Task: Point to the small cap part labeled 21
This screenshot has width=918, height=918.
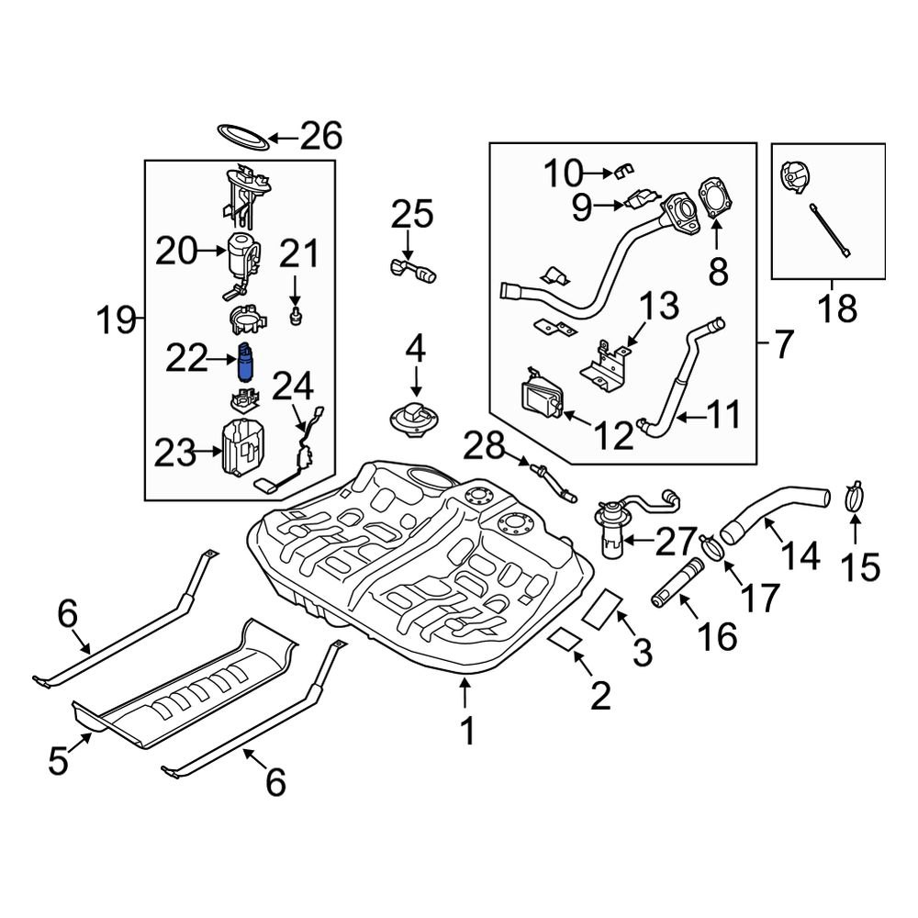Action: (x=296, y=318)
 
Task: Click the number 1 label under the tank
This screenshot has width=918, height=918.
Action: (x=466, y=731)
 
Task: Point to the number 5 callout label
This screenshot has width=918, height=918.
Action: (x=58, y=761)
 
